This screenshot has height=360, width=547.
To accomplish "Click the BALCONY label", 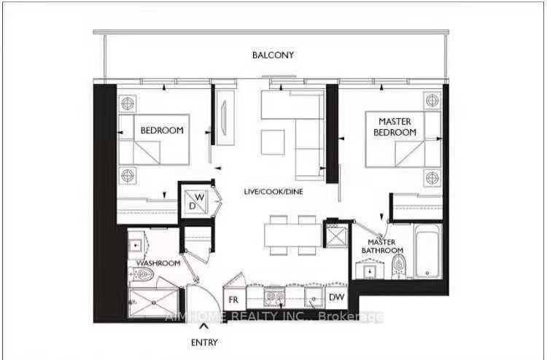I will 273,55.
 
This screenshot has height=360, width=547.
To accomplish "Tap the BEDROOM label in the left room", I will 162,130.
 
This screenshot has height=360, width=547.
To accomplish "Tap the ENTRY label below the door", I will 205,342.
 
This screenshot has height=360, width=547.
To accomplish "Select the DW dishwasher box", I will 336,297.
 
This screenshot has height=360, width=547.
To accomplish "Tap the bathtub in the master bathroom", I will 427,254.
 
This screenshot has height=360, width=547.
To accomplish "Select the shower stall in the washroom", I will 152,301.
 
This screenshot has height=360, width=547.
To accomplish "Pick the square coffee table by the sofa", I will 273,140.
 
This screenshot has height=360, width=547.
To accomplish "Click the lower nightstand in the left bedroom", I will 129,176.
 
